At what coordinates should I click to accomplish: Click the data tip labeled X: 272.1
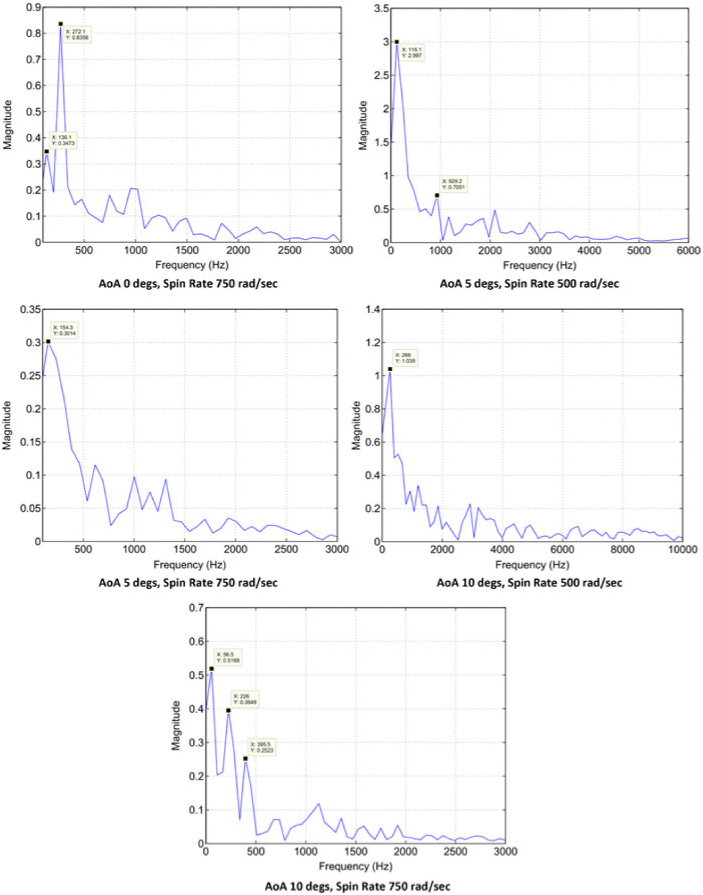pyautogui.click(x=77, y=34)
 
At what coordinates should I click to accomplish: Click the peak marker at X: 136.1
pyautogui.click(x=47, y=151)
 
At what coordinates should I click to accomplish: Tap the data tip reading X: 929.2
pyautogui.click(x=453, y=184)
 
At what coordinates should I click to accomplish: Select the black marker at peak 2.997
pyautogui.click(x=397, y=42)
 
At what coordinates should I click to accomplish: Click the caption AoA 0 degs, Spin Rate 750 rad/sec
pyautogui.click(x=188, y=284)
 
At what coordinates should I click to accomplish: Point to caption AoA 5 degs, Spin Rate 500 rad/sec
pyautogui.click(x=529, y=284)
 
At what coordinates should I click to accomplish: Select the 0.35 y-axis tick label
pyautogui.click(x=31, y=309)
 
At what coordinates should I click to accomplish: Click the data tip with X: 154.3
pyautogui.click(x=64, y=330)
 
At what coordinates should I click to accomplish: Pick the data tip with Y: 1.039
pyautogui.click(x=405, y=358)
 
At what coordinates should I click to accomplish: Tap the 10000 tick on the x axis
pyautogui.click(x=682, y=549)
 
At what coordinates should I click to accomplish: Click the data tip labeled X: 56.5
pyautogui.click(x=228, y=657)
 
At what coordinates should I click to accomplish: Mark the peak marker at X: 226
pyautogui.click(x=229, y=710)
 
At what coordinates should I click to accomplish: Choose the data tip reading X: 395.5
pyautogui.click(x=262, y=747)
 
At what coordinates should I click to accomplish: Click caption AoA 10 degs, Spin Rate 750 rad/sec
pyautogui.click(x=357, y=886)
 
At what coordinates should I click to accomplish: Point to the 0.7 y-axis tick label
pyautogui.click(x=196, y=608)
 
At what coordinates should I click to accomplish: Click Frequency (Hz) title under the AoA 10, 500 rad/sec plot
pyautogui.click(x=532, y=564)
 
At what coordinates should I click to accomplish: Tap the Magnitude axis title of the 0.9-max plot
pyautogui.click(x=8, y=125)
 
